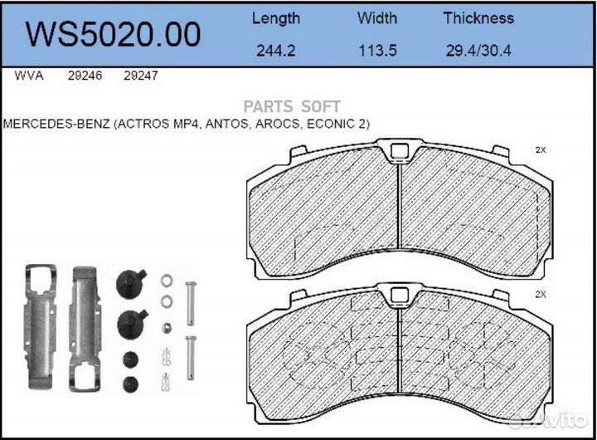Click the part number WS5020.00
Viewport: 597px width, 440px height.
(114, 34)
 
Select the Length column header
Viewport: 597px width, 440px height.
(276, 17)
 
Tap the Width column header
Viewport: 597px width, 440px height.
(377, 17)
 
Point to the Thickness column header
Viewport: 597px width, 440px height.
(478, 17)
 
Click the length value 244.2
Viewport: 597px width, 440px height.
(276, 51)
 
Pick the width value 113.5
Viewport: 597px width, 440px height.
(377, 51)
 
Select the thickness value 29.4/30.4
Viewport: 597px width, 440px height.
(478, 51)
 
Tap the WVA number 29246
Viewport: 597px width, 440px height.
(84, 76)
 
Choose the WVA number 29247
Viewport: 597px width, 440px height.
(140, 76)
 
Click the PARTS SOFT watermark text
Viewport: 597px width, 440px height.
(291, 106)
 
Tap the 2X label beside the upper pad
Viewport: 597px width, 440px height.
(541, 150)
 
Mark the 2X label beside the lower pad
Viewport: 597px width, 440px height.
(541, 295)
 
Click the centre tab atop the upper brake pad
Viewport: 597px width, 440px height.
(400, 152)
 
